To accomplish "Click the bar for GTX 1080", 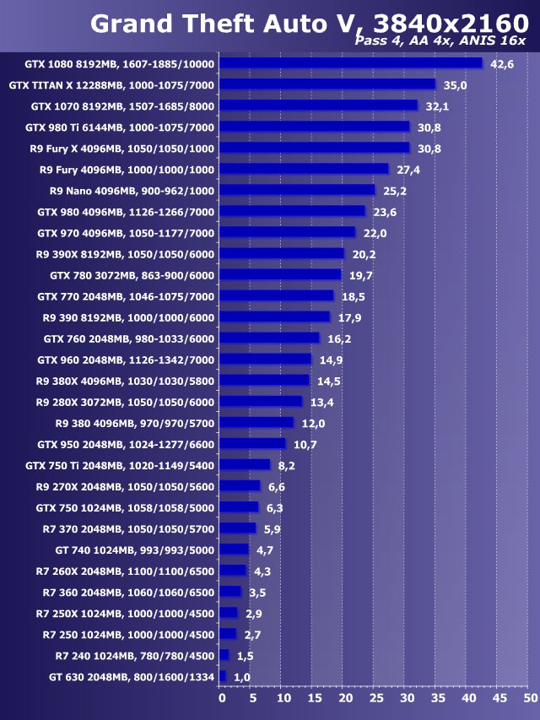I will tap(350, 63).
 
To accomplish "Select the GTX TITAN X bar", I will tap(327, 84).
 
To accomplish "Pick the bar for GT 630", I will tap(223, 676).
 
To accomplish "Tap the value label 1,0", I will tap(242, 677).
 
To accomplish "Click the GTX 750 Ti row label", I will tap(120, 465).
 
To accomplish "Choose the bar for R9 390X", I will tap(282, 253).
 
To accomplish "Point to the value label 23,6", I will tap(385, 212).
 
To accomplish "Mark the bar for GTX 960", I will tap(266, 359).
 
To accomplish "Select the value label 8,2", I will tap(287, 465).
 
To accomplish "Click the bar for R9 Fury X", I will tap(314, 148).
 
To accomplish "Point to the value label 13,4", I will tap(321, 402).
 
